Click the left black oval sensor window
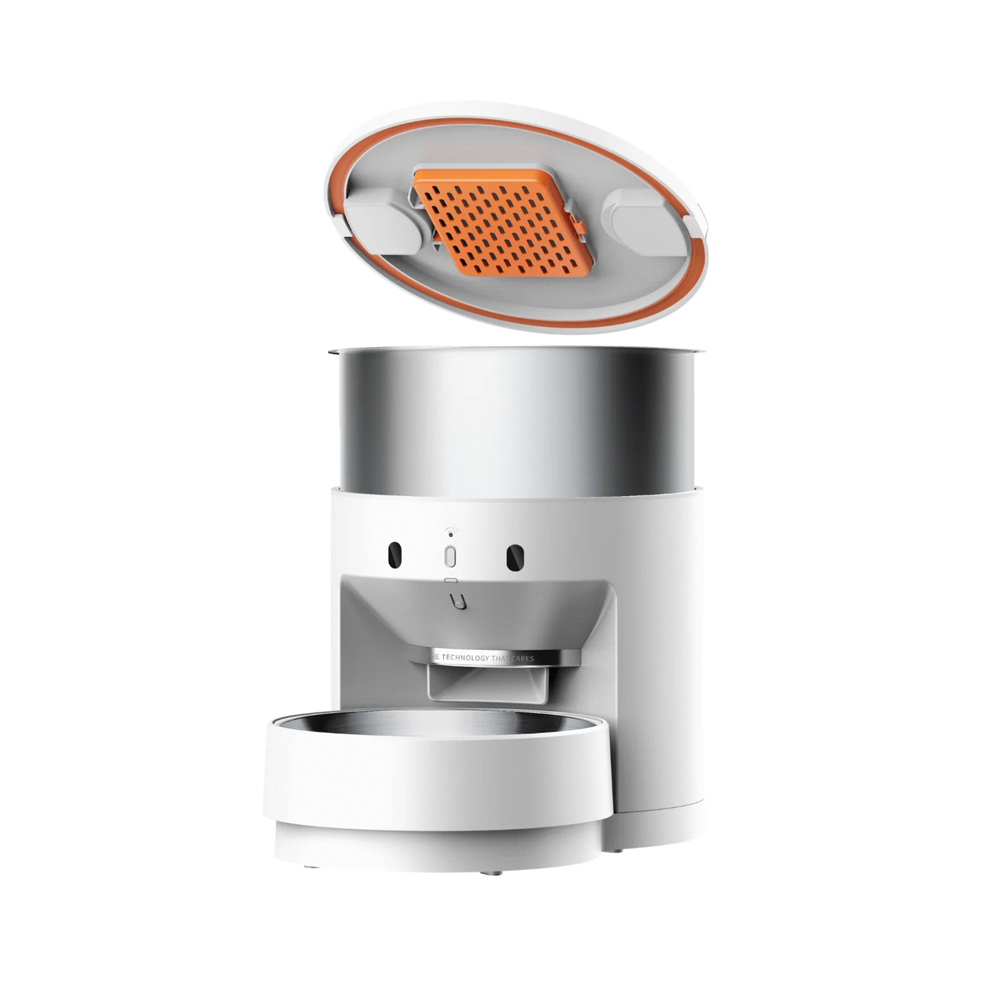point(394,556)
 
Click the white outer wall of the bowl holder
point(436,780)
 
